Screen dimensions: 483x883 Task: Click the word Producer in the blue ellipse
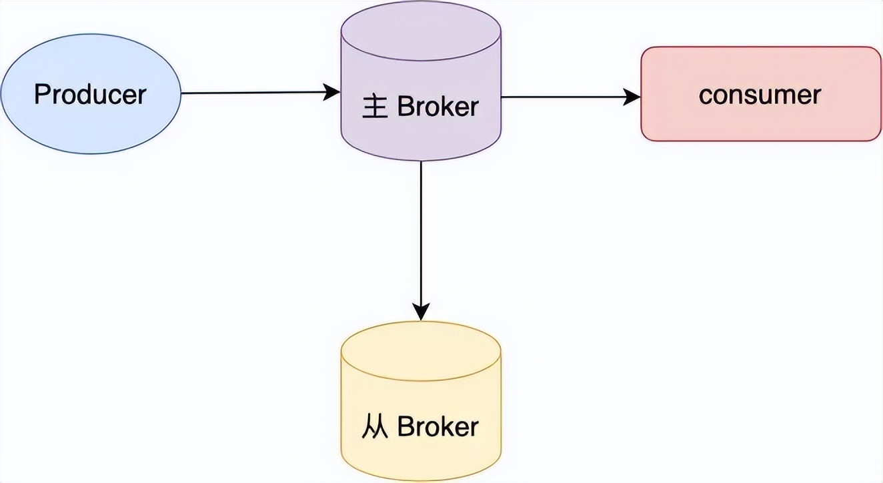[x=89, y=95]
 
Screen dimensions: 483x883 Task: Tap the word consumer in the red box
[x=760, y=95]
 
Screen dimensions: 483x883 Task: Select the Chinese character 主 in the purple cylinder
[x=375, y=107]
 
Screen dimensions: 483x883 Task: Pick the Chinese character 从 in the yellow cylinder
[x=375, y=426]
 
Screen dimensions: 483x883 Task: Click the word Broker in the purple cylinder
[x=437, y=107]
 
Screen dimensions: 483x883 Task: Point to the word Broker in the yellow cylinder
[x=437, y=426]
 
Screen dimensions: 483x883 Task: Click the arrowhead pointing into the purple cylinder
[x=332, y=92]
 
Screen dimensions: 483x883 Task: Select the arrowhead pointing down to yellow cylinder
[x=421, y=310]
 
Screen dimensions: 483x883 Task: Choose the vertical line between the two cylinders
[x=421, y=233]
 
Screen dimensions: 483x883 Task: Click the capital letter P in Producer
[x=41, y=95]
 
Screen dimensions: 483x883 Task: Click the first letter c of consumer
[x=705, y=96]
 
